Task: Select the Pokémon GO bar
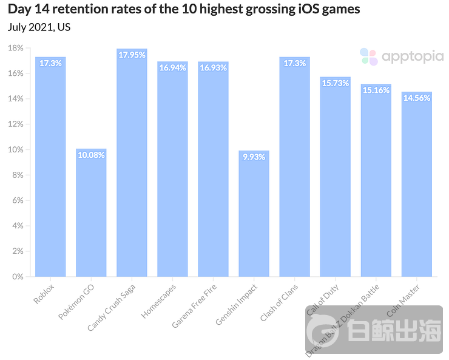pos(91,212)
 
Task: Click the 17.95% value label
pos(132,55)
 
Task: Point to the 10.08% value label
pos(91,155)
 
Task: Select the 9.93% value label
pos(254,157)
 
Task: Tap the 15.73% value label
pos(335,83)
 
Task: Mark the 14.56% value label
pos(416,98)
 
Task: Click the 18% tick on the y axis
pos(16,48)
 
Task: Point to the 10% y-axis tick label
pos(16,149)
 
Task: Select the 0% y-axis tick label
pos(18,276)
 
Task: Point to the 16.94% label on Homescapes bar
pos(172,68)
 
